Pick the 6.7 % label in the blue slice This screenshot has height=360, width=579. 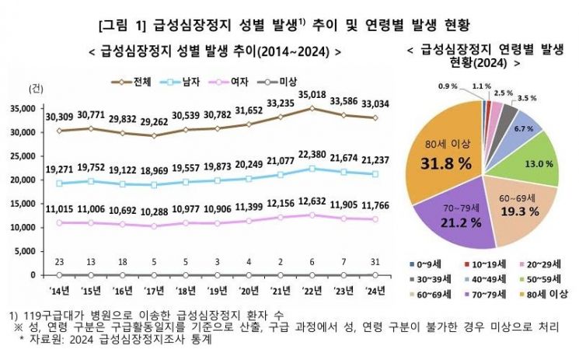523,128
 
